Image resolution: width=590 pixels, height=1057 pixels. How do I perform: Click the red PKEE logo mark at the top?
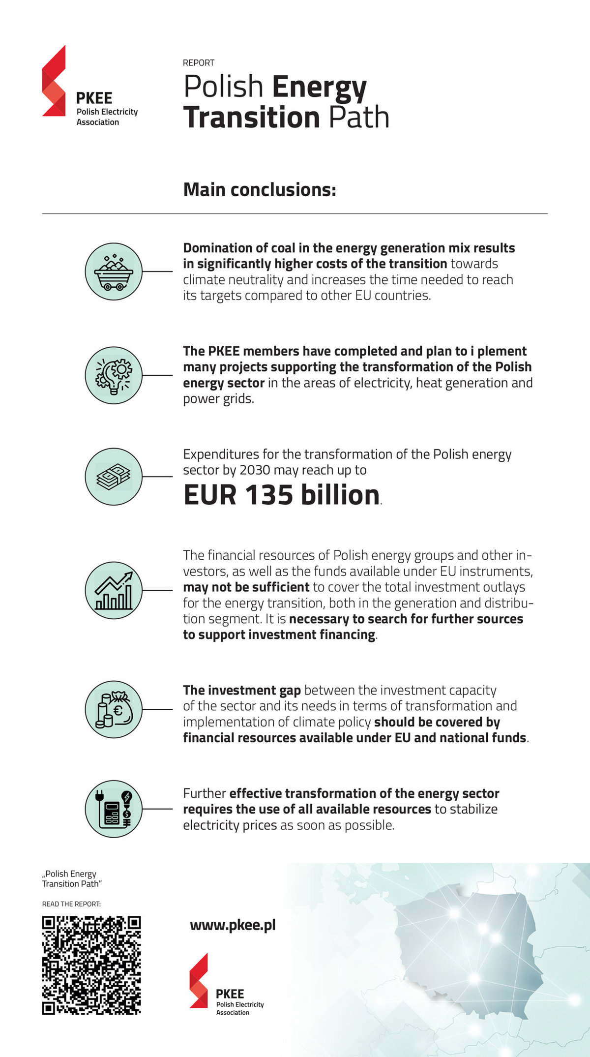[54, 81]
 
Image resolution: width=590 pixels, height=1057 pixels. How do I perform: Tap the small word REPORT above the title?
[199, 63]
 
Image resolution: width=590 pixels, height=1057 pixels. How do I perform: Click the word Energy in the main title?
[319, 87]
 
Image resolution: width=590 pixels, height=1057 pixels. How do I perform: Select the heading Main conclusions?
[260, 190]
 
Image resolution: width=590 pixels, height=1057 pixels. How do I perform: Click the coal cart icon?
[114, 272]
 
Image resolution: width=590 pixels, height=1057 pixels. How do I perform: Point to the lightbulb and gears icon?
[114, 375]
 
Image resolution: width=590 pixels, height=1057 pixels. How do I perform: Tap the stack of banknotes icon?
[114, 476]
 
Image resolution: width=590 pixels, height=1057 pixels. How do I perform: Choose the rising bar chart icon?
[114, 590]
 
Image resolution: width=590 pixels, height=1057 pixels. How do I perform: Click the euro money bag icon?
[114, 709]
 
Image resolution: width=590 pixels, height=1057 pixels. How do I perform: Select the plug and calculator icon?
[114, 809]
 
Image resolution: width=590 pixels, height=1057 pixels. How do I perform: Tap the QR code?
[91, 965]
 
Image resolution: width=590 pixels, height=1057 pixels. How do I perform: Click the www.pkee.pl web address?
[233, 925]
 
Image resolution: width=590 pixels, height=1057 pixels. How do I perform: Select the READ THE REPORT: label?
[71, 904]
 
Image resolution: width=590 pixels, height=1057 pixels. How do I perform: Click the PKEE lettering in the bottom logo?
[230, 994]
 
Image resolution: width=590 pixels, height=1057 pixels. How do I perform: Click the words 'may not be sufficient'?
[246, 587]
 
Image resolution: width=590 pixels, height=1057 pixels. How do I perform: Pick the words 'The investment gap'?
[242, 691]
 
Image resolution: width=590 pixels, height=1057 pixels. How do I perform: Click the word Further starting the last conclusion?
[205, 793]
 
